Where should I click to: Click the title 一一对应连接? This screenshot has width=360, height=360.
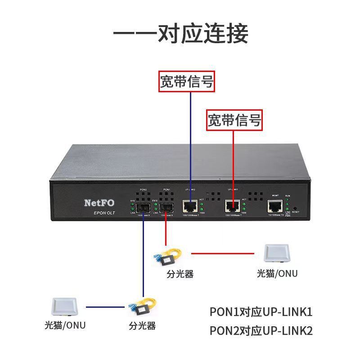pyautogui.click(x=180, y=34)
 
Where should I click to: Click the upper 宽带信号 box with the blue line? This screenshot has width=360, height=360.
pyautogui.click(x=187, y=81)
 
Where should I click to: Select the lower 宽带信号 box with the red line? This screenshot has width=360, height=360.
pyautogui.click(x=234, y=120)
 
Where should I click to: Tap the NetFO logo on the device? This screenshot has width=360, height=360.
pyautogui.click(x=99, y=202)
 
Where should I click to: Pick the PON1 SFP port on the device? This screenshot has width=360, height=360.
pyautogui.click(x=166, y=208)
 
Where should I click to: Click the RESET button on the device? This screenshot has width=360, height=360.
pyautogui.click(x=294, y=209)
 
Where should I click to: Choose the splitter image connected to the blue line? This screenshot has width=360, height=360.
pyautogui.click(x=140, y=308)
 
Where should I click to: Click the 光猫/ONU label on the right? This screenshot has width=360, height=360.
pyautogui.click(x=277, y=274)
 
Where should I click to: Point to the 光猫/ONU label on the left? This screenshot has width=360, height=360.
pyautogui.click(x=65, y=325)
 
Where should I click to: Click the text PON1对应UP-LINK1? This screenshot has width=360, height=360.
pyautogui.click(x=261, y=312)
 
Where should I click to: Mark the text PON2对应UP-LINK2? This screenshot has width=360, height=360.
pyautogui.click(x=261, y=331)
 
